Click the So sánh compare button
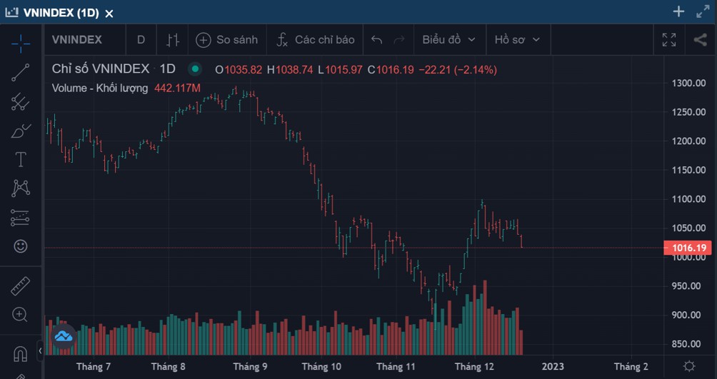tap(227, 40)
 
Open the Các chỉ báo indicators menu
tap(316, 40)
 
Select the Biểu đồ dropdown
tap(448, 40)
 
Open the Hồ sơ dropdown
tap(517, 40)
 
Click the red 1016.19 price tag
tap(688, 248)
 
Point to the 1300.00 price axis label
tap(688, 84)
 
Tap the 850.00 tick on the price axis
tap(688, 344)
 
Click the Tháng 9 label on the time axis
tap(250, 367)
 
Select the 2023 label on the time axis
tap(553, 367)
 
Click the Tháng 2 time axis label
tap(631, 367)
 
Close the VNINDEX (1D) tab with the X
tap(109, 14)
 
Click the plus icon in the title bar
tap(678, 12)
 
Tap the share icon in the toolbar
tap(700, 40)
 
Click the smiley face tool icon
tap(21, 246)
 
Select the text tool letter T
tap(21, 160)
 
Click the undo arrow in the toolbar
tap(377, 40)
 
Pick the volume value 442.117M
tap(177, 88)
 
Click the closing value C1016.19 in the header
tap(391, 70)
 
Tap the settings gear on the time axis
tap(689, 366)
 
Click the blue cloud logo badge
tap(63, 337)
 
